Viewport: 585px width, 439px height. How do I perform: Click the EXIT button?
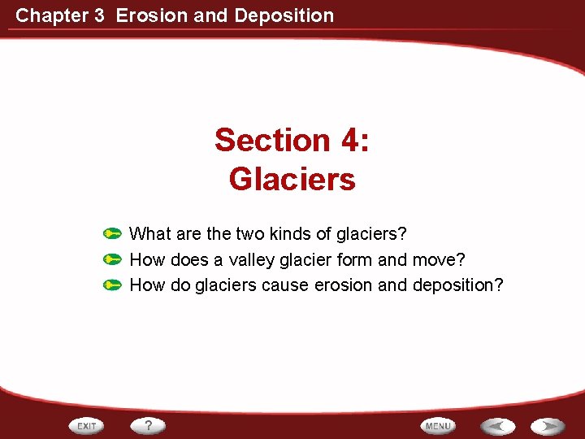pos(86,426)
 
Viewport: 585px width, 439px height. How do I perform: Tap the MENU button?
pos(438,426)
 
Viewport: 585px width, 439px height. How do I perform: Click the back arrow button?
pos(496,426)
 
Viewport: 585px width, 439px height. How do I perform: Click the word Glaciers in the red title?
pos(292,179)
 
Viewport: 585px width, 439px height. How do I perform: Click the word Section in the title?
pos(272,140)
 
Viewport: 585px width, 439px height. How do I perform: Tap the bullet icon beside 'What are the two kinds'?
pos(113,234)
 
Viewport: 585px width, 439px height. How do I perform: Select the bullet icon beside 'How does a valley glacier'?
pos(113,260)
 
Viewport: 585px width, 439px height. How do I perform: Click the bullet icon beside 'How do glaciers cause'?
pos(113,285)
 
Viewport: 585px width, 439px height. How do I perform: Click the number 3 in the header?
pos(99,15)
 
